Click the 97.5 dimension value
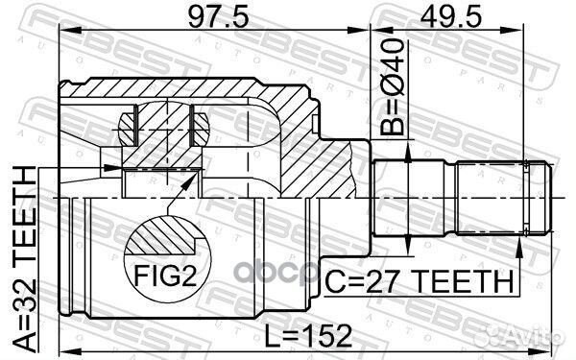(x=218, y=16)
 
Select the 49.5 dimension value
(x=450, y=16)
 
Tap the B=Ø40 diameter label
(x=392, y=87)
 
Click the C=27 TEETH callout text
(x=420, y=281)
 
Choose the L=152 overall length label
(x=308, y=336)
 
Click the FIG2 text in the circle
(x=166, y=276)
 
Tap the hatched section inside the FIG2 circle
(x=164, y=236)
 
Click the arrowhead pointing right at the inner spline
(x=111, y=168)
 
